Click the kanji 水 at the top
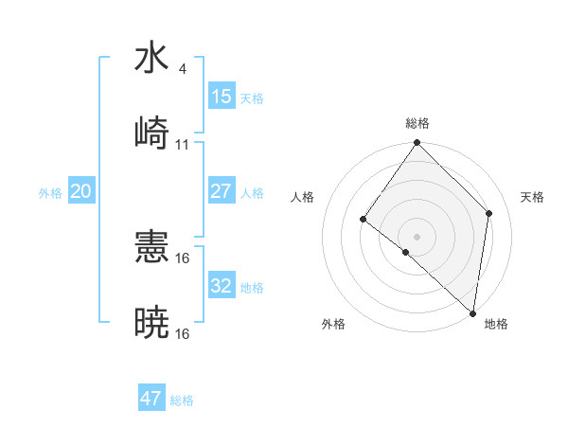pyautogui.click(x=151, y=58)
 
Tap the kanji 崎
pyautogui.click(x=151, y=133)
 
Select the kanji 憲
pyautogui.click(x=151, y=247)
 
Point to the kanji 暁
pyautogui.click(x=151, y=323)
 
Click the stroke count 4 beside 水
pyautogui.click(x=182, y=69)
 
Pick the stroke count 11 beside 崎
pyautogui.click(x=183, y=145)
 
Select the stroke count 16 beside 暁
pyautogui.click(x=183, y=334)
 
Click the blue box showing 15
pyautogui.click(x=222, y=97)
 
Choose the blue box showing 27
pyautogui.click(x=222, y=191)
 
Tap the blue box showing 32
pyautogui.click(x=222, y=286)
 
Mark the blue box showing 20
pyautogui.click(x=80, y=191)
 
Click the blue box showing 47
pyautogui.click(x=151, y=399)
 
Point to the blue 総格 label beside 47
pyautogui.click(x=182, y=400)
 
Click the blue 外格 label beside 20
pyautogui.click(x=50, y=193)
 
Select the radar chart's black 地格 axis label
pyautogui.click(x=496, y=325)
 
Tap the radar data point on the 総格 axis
pyautogui.click(x=417, y=143)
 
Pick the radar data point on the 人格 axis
pyautogui.click(x=364, y=220)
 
